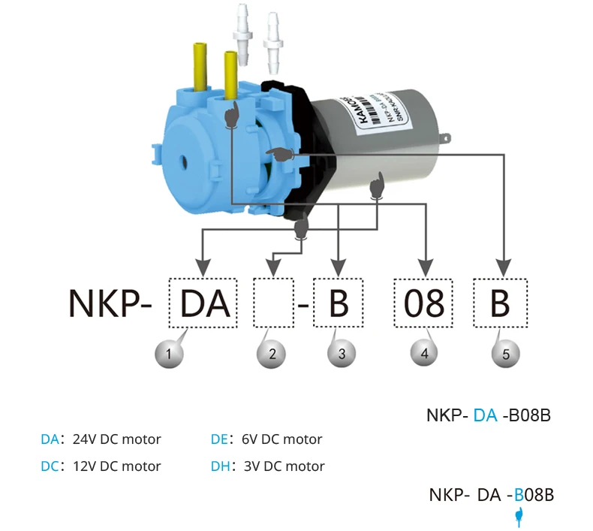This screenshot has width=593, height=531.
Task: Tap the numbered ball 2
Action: click(272, 352)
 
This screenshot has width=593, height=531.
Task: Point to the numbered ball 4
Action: click(425, 352)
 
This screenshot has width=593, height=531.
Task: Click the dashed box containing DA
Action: click(202, 303)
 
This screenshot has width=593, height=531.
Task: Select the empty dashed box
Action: click(272, 303)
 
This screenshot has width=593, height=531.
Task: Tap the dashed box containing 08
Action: click(424, 303)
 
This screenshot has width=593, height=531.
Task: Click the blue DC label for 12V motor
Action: click(50, 466)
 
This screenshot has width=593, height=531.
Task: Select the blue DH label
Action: click(220, 466)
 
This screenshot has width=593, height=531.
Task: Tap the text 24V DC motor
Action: click(116, 439)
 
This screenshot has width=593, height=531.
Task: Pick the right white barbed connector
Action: click(272, 37)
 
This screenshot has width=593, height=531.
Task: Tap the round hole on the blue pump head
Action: click(183, 160)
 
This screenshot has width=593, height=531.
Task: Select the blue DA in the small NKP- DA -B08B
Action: click(485, 415)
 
